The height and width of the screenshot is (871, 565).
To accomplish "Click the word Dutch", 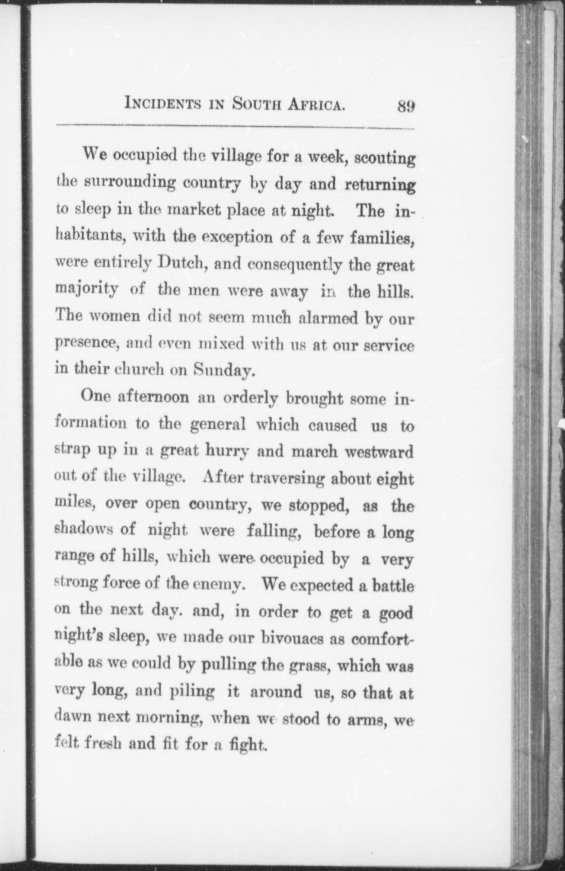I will click(182, 263).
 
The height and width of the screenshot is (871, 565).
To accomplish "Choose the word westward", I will click(379, 452).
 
